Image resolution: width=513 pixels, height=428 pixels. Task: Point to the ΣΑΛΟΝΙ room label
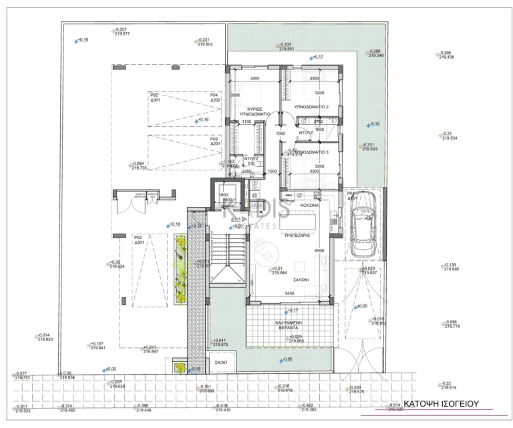point(299,280)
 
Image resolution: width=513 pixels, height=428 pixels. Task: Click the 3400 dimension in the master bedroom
point(254,79)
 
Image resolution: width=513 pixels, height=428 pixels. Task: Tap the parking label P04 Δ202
point(215,97)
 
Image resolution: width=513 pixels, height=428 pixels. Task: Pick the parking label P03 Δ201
point(215,141)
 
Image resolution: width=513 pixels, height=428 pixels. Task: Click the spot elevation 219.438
point(446,57)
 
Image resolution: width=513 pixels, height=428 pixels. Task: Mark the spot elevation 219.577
point(122,34)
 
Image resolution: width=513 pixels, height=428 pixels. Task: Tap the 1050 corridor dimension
point(281,134)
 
